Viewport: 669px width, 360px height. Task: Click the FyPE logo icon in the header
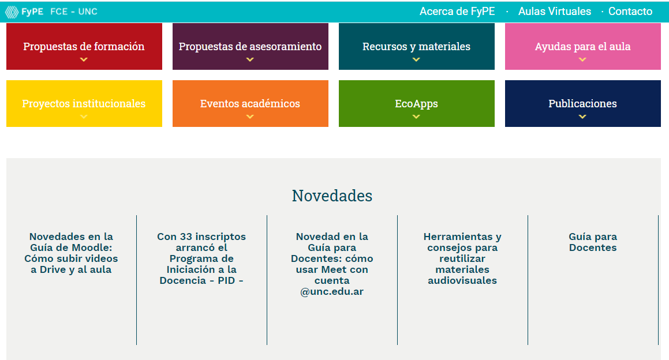point(12,12)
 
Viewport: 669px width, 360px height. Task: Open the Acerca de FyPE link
point(457,12)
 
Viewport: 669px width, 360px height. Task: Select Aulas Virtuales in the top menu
point(555,12)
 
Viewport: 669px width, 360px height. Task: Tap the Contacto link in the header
point(630,12)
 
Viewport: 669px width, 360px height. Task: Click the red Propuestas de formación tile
point(84,47)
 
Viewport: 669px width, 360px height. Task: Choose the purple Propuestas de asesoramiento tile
point(251,47)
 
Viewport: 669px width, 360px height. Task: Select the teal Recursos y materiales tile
point(416,47)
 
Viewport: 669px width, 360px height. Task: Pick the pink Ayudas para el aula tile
point(583,47)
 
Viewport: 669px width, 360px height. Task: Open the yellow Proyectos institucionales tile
point(84,104)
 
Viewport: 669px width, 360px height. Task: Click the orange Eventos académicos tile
point(251,104)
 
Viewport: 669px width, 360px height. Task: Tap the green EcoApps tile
point(416,104)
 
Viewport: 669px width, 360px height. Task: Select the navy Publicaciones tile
point(583,104)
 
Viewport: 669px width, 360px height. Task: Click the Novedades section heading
point(332,196)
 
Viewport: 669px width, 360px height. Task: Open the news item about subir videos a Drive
point(71,253)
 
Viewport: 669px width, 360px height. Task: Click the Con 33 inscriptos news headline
point(201,258)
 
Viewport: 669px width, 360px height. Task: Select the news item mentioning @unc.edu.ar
point(332,264)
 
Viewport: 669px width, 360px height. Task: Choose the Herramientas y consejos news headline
point(462,258)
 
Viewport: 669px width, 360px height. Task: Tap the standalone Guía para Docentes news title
point(593,242)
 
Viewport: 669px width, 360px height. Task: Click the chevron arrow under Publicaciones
point(582,117)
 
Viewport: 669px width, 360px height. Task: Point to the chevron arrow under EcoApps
point(416,117)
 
